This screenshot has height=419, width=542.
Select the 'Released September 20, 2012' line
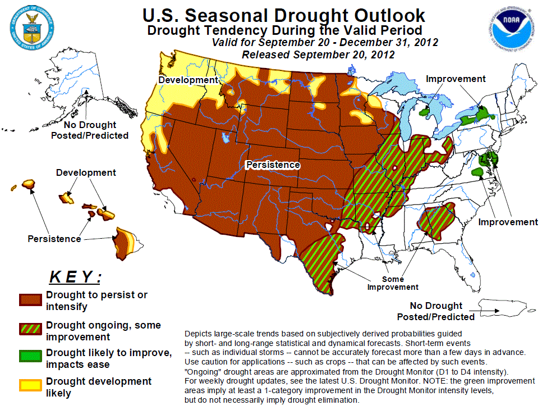pyautogui.click(x=318, y=54)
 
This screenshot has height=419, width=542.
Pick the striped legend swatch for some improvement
pyautogui.click(x=30, y=330)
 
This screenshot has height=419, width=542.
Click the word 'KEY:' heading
pyautogui.click(x=75, y=277)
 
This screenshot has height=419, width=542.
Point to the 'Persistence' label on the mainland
pyautogui.click(x=273, y=165)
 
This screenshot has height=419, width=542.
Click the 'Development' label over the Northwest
pyautogui.click(x=187, y=80)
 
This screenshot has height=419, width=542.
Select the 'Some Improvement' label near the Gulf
pyautogui.click(x=393, y=283)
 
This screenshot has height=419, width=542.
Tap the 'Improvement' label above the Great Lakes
pyautogui.click(x=456, y=79)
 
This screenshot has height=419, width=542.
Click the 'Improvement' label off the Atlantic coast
pyautogui.click(x=508, y=222)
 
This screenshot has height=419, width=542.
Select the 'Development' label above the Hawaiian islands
pyautogui.click(x=86, y=172)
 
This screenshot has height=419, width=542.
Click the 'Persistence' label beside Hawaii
pyautogui.click(x=54, y=239)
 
